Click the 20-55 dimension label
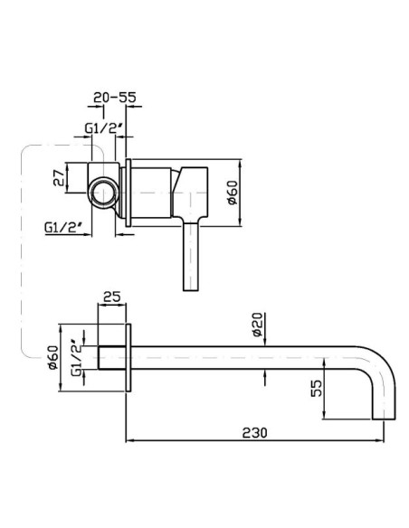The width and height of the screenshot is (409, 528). coord(115,98)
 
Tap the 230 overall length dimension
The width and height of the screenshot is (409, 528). coord(254,432)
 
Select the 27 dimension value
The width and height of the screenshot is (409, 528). coord(59,177)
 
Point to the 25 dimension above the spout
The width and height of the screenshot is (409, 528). coord(112,297)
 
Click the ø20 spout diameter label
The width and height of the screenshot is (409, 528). coord(257,325)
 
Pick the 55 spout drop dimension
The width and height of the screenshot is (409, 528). coord(316,388)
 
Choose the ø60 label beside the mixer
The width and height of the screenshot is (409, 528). coord(233,193)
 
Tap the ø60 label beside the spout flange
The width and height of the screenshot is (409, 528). coord(52,358)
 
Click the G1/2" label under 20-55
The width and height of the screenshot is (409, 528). coord(105,128)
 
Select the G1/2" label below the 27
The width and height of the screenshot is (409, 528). coord(64,227)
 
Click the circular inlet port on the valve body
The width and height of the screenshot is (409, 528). coord(103,193)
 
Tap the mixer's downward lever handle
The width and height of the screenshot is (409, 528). coord(191,256)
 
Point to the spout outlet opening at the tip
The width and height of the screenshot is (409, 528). coord(384,420)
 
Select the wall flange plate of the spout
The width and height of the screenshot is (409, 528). coord(128,358)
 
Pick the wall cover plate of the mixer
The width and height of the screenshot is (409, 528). coord(128,193)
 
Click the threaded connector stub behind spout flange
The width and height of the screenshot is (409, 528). coord(112,358)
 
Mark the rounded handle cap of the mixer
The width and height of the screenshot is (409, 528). coord(190,192)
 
